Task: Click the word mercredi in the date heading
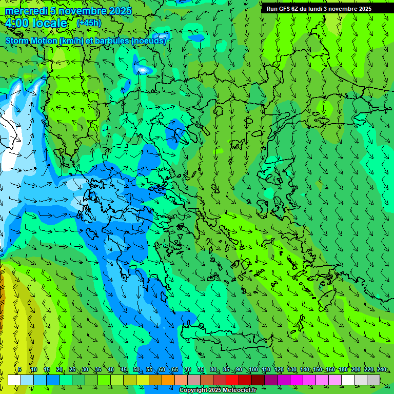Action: coord(26,11)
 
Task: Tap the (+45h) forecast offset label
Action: coord(89,23)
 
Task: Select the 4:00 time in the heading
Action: coord(16,24)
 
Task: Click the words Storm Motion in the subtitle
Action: coord(31,41)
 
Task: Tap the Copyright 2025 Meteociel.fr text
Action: coord(218,390)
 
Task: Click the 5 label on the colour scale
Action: coord(19,369)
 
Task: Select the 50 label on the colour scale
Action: coord(136,369)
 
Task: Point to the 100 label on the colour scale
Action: coord(253,369)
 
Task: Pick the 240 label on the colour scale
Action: coord(382,369)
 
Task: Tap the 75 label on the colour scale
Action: coord(201,369)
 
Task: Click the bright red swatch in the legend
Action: coord(232,380)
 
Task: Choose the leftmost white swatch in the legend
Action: coord(14,380)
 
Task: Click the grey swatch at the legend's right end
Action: coord(373,380)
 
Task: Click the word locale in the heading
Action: coord(49,24)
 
